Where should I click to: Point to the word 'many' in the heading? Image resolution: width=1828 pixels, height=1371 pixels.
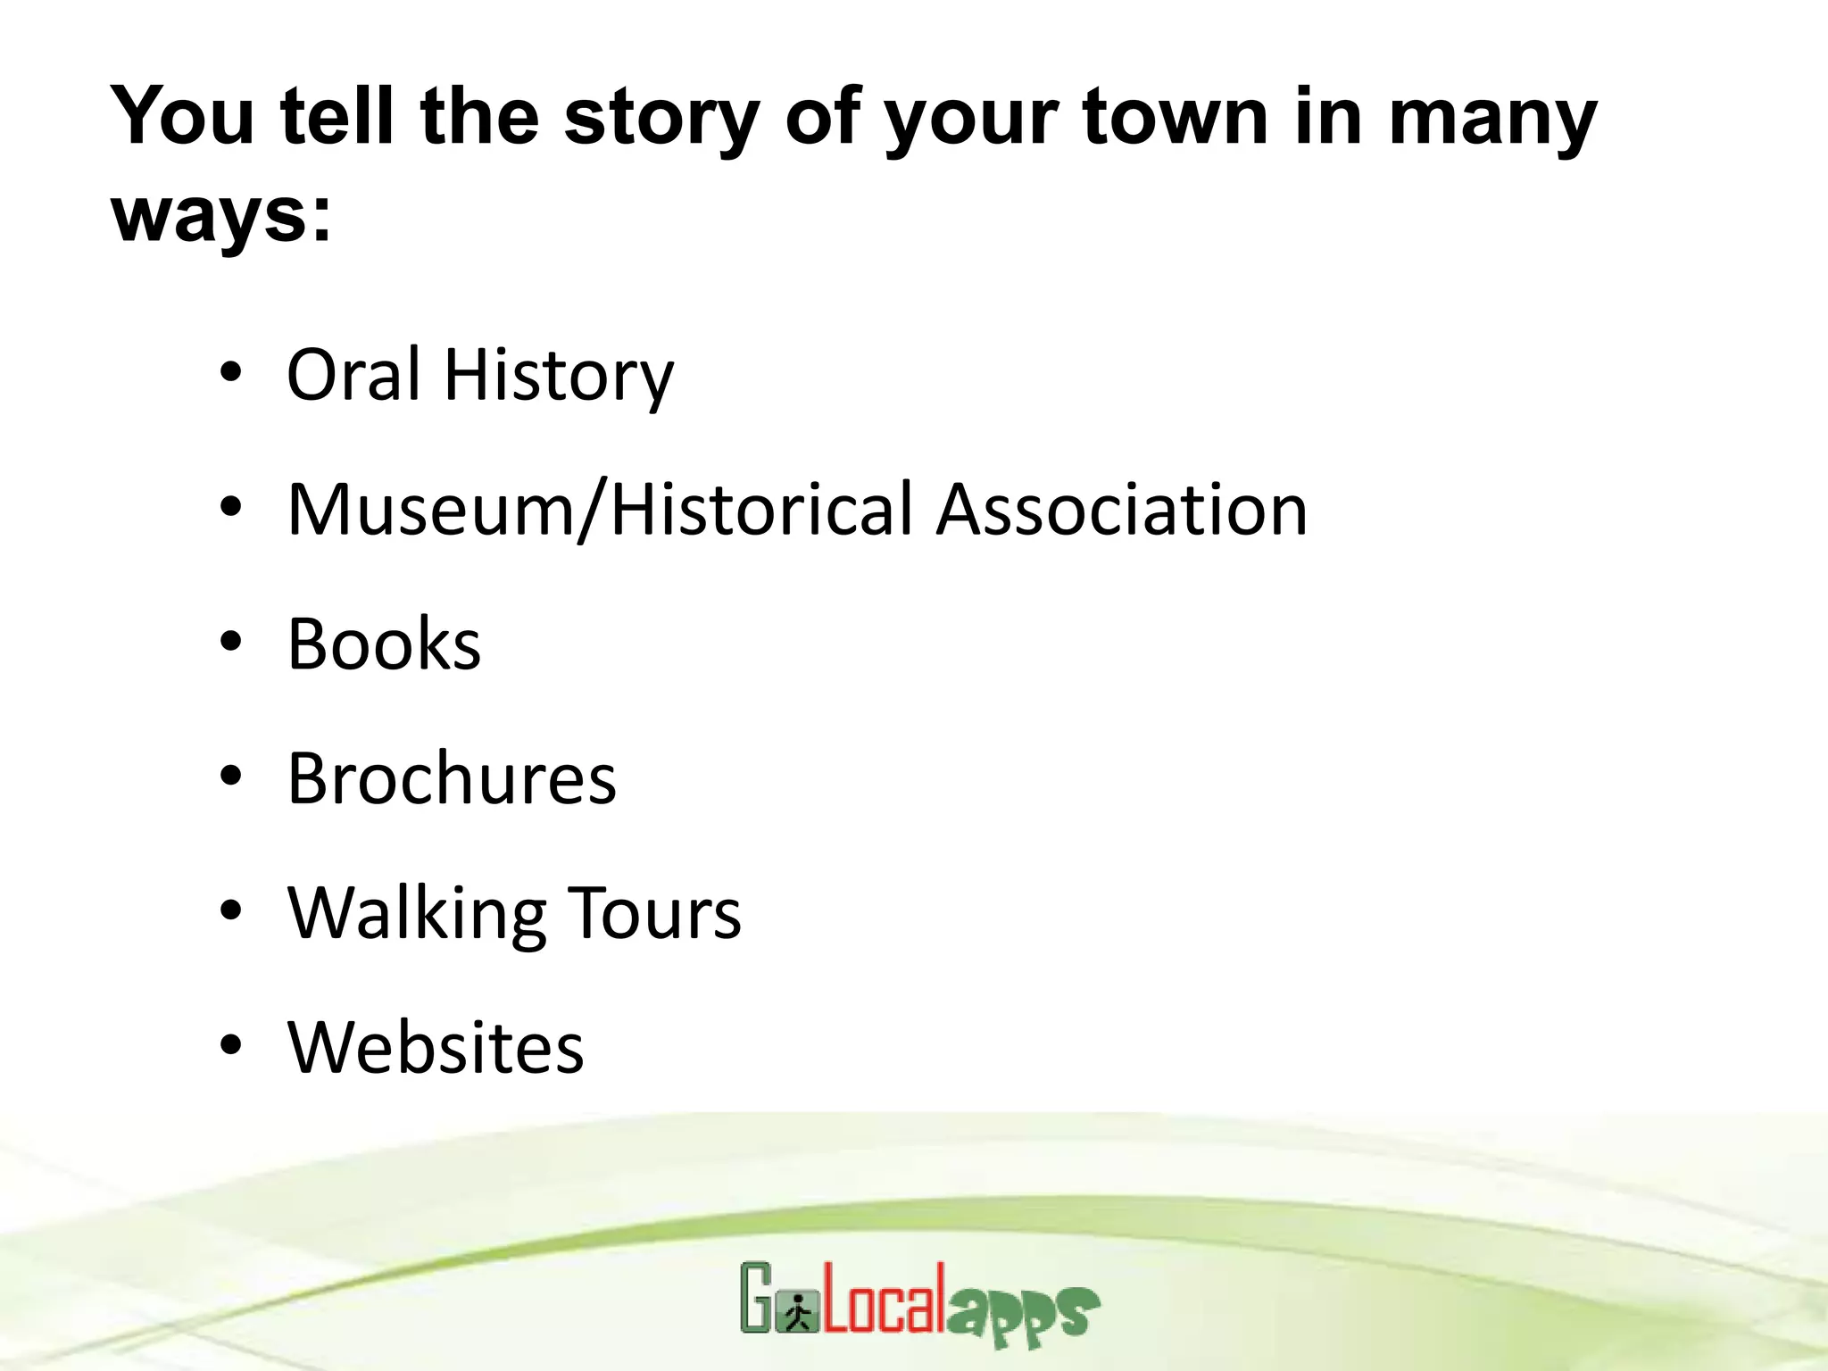tap(1492, 119)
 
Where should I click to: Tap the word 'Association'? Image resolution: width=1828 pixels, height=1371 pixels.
tap(1122, 509)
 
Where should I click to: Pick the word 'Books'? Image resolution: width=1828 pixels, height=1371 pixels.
tap(384, 644)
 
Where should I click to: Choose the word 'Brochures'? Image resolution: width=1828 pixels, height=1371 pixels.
tap(452, 778)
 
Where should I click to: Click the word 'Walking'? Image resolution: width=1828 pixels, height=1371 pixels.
tap(416, 914)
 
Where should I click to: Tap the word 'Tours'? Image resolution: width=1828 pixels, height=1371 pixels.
tap(654, 913)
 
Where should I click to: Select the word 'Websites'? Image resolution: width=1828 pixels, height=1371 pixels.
tap(436, 1047)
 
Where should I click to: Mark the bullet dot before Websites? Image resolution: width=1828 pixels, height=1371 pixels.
tap(230, 1045)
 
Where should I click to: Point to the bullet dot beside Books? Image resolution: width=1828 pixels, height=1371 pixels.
tap(230, 642)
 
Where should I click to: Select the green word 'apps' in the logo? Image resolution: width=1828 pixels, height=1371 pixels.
tap(1023, 1314)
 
